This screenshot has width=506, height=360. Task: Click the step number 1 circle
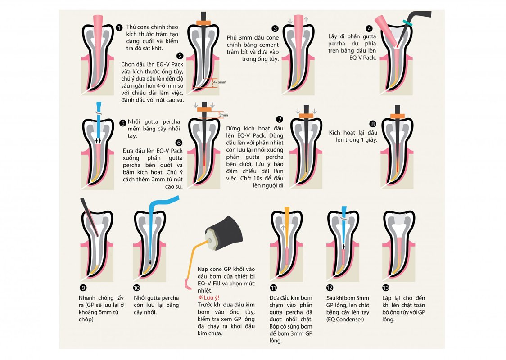[119, 28]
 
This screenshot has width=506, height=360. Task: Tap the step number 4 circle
[369, 29]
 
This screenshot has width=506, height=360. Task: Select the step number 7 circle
[280, 119]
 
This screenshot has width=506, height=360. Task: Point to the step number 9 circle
[83, 288]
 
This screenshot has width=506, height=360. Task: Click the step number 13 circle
[386, 288]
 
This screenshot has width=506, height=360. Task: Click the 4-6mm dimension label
[220, 82]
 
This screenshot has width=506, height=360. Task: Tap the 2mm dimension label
[224, 115]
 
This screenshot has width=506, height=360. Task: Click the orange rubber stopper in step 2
[203, 23]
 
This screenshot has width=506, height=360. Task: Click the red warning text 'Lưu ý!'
[209, 297]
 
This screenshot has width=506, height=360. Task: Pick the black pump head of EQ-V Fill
[225, 233]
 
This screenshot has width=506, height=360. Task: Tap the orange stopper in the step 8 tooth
[398, 117]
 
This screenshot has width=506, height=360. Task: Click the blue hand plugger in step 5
[99, 122]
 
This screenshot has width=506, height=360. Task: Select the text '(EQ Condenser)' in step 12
[345, 319]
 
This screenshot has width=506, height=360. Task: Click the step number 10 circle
[136, 288]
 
